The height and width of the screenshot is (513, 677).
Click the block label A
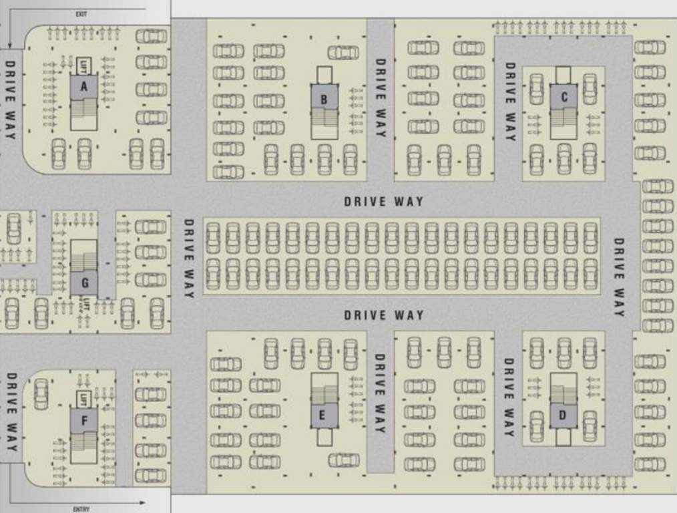tap(84, 86)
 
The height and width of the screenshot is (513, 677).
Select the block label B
tap(324, 100)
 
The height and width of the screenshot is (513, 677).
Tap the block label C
tap(564, 98)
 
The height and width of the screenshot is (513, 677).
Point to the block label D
tap(563, 415)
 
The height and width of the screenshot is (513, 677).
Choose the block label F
tap(84, 421)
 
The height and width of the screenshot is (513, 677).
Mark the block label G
tap(85, 283)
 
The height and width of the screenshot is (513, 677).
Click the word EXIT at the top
tap(81, 14)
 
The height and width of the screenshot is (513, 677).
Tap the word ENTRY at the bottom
tap(81, 510)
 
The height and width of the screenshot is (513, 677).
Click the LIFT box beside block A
tap(83, 65)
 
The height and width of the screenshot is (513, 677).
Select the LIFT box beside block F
tap(83, 400)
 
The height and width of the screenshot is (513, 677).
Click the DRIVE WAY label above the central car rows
tap(384, 201)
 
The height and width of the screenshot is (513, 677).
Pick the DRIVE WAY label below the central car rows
tap(384, 315)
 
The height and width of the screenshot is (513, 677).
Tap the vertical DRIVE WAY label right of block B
tap(380, 98)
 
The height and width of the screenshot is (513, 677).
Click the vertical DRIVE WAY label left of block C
tap(509, 102)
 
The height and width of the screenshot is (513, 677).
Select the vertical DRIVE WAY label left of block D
tap(509, 397)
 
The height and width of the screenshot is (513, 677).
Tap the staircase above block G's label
tap(84, 256)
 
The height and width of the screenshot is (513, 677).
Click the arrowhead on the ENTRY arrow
tap(142, 502)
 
